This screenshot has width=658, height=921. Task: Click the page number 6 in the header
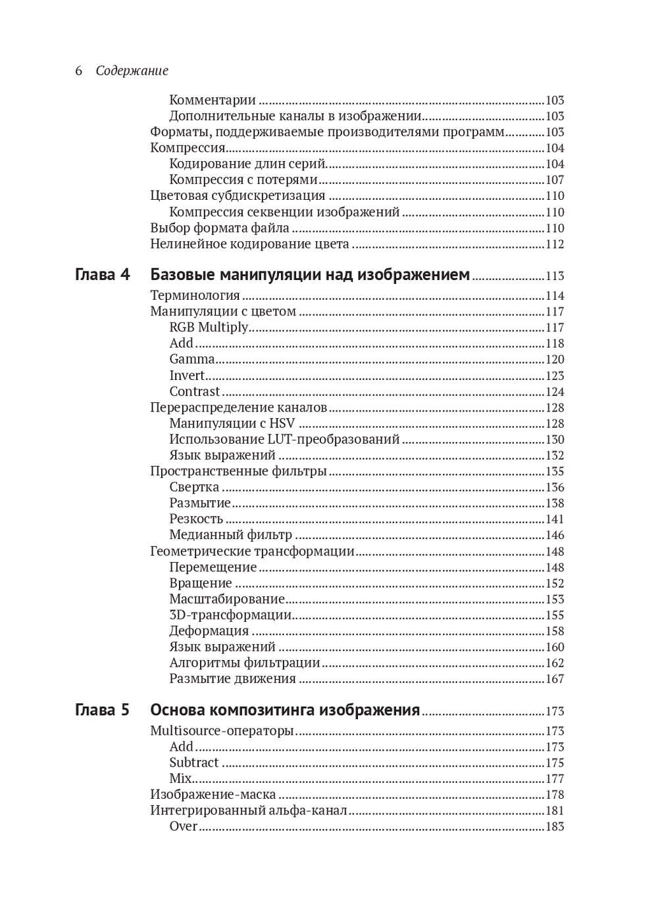(78, 71)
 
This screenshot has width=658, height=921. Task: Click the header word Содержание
(132, 71)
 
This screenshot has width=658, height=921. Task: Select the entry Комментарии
(213, 101)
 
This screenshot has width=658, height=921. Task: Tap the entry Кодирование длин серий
(247, 164)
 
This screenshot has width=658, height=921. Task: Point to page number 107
(555, 180)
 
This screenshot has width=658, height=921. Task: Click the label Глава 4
(103, 275)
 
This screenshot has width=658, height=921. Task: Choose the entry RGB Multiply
(209, 327)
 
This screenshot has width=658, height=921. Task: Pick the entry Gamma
(192, 360)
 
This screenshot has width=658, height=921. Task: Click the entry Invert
(188, 376)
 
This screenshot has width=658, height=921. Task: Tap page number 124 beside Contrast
(555, 392)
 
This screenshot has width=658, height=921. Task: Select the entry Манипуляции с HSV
(232, 424)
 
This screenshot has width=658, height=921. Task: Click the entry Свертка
(194, 488)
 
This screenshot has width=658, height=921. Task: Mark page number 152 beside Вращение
(555, 584)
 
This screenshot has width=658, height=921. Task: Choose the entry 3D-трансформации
(230, 615)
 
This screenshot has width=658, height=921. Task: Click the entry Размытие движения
(232, 679)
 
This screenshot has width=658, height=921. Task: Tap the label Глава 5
(103, 711)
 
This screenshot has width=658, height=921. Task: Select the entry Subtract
(193, 763)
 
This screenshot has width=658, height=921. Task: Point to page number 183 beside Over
(555, 827)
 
